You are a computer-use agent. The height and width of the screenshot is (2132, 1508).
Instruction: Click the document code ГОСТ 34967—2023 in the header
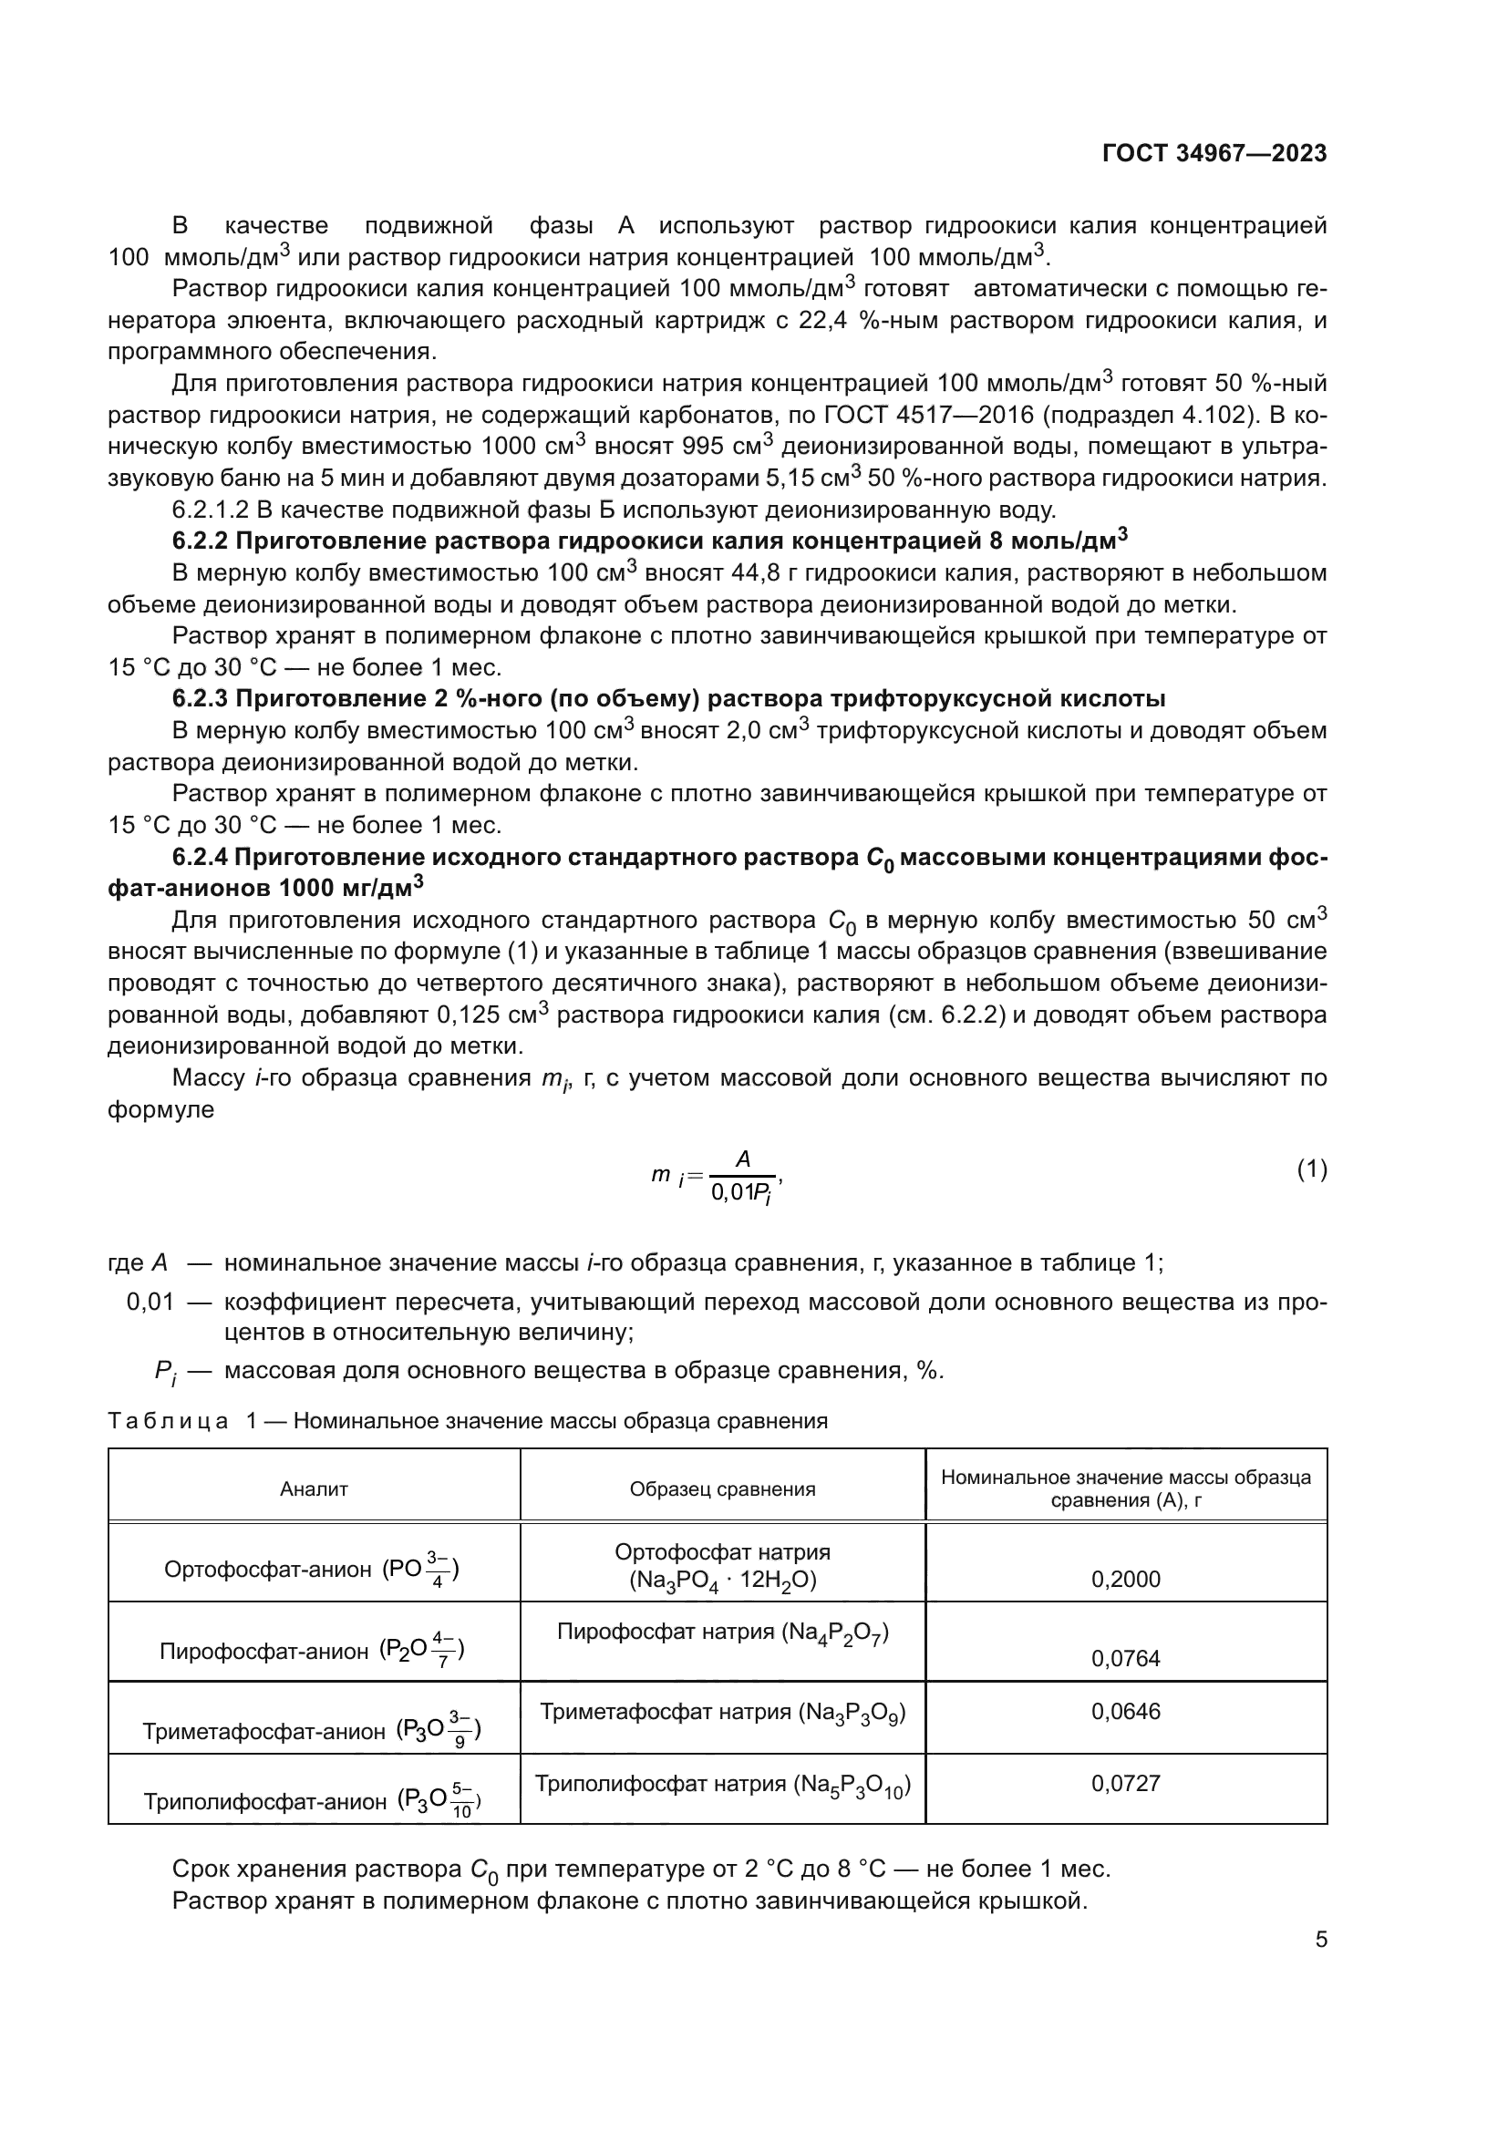[x=1214, y=153]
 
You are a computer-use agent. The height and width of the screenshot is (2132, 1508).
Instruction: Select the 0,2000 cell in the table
[x=1125, y=1580]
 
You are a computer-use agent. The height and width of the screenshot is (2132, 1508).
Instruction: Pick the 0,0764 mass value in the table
[x=1125, y=1658]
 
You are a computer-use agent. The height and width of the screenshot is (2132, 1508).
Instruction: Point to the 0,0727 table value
[x=1125, y=1783]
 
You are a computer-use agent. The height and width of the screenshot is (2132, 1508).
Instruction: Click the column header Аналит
[x=314, y=1489]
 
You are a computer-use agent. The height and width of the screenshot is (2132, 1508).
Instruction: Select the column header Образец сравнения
[x=722, y=1489]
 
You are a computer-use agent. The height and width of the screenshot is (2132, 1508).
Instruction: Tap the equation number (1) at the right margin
[x=1311, y=1170]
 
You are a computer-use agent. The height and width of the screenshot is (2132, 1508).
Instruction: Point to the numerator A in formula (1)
[x=743, y=1159]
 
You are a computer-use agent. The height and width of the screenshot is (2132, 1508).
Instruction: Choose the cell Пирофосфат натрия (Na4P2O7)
[x=722, y=1633]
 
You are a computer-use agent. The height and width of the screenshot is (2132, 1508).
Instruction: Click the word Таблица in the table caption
[x=168, y=1421]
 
